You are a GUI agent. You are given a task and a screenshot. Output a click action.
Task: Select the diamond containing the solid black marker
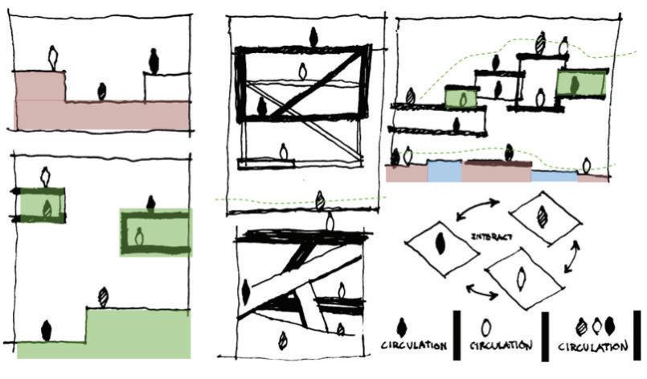click(x=440, y=245)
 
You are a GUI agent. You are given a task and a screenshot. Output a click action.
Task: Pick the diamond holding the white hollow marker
click(x=519, y=278)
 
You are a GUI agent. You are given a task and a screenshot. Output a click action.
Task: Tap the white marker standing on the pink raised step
click(x=53, y=57)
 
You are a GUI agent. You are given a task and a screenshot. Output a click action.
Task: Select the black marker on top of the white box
click(x=154, y=60)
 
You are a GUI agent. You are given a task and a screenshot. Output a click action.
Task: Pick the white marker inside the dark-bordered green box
click(x=138, y=237)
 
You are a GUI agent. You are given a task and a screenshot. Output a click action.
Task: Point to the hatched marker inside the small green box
click(x=47, y=207)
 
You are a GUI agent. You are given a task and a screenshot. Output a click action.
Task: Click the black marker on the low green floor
click(x=46, y=329)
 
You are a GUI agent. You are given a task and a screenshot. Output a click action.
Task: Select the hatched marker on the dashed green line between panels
click(x=321, y=200)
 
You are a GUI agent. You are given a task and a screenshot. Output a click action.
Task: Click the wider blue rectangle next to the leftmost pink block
click(x=444, y=171)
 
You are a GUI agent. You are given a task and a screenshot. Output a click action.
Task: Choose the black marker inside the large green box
click(x=573, y=82)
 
